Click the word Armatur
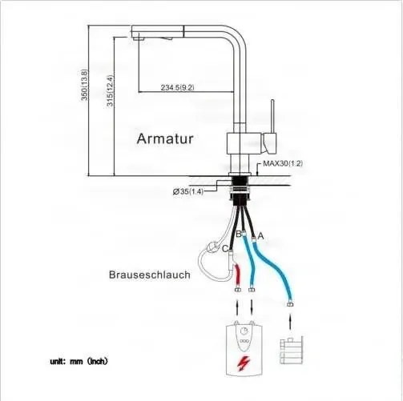[165, 138]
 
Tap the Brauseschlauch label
[150, 275]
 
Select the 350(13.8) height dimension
[84, 85]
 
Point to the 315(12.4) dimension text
[110, 90]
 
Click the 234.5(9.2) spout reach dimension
[177, 87]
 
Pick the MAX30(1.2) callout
[283, 163]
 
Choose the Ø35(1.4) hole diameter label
[188, 191]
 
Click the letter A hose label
[260, 236]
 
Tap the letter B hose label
[239, 234]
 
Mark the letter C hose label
[225, 249]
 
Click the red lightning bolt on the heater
[244, 363]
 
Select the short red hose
[237, 275]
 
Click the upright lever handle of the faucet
[272, 117]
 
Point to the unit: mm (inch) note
[79, 361]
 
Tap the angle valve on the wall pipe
[291, 351]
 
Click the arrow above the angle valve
[290, 322]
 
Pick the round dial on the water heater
[244, 331]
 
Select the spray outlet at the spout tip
[139, 39]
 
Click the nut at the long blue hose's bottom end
[290, 304]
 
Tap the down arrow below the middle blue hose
[252, 307]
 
